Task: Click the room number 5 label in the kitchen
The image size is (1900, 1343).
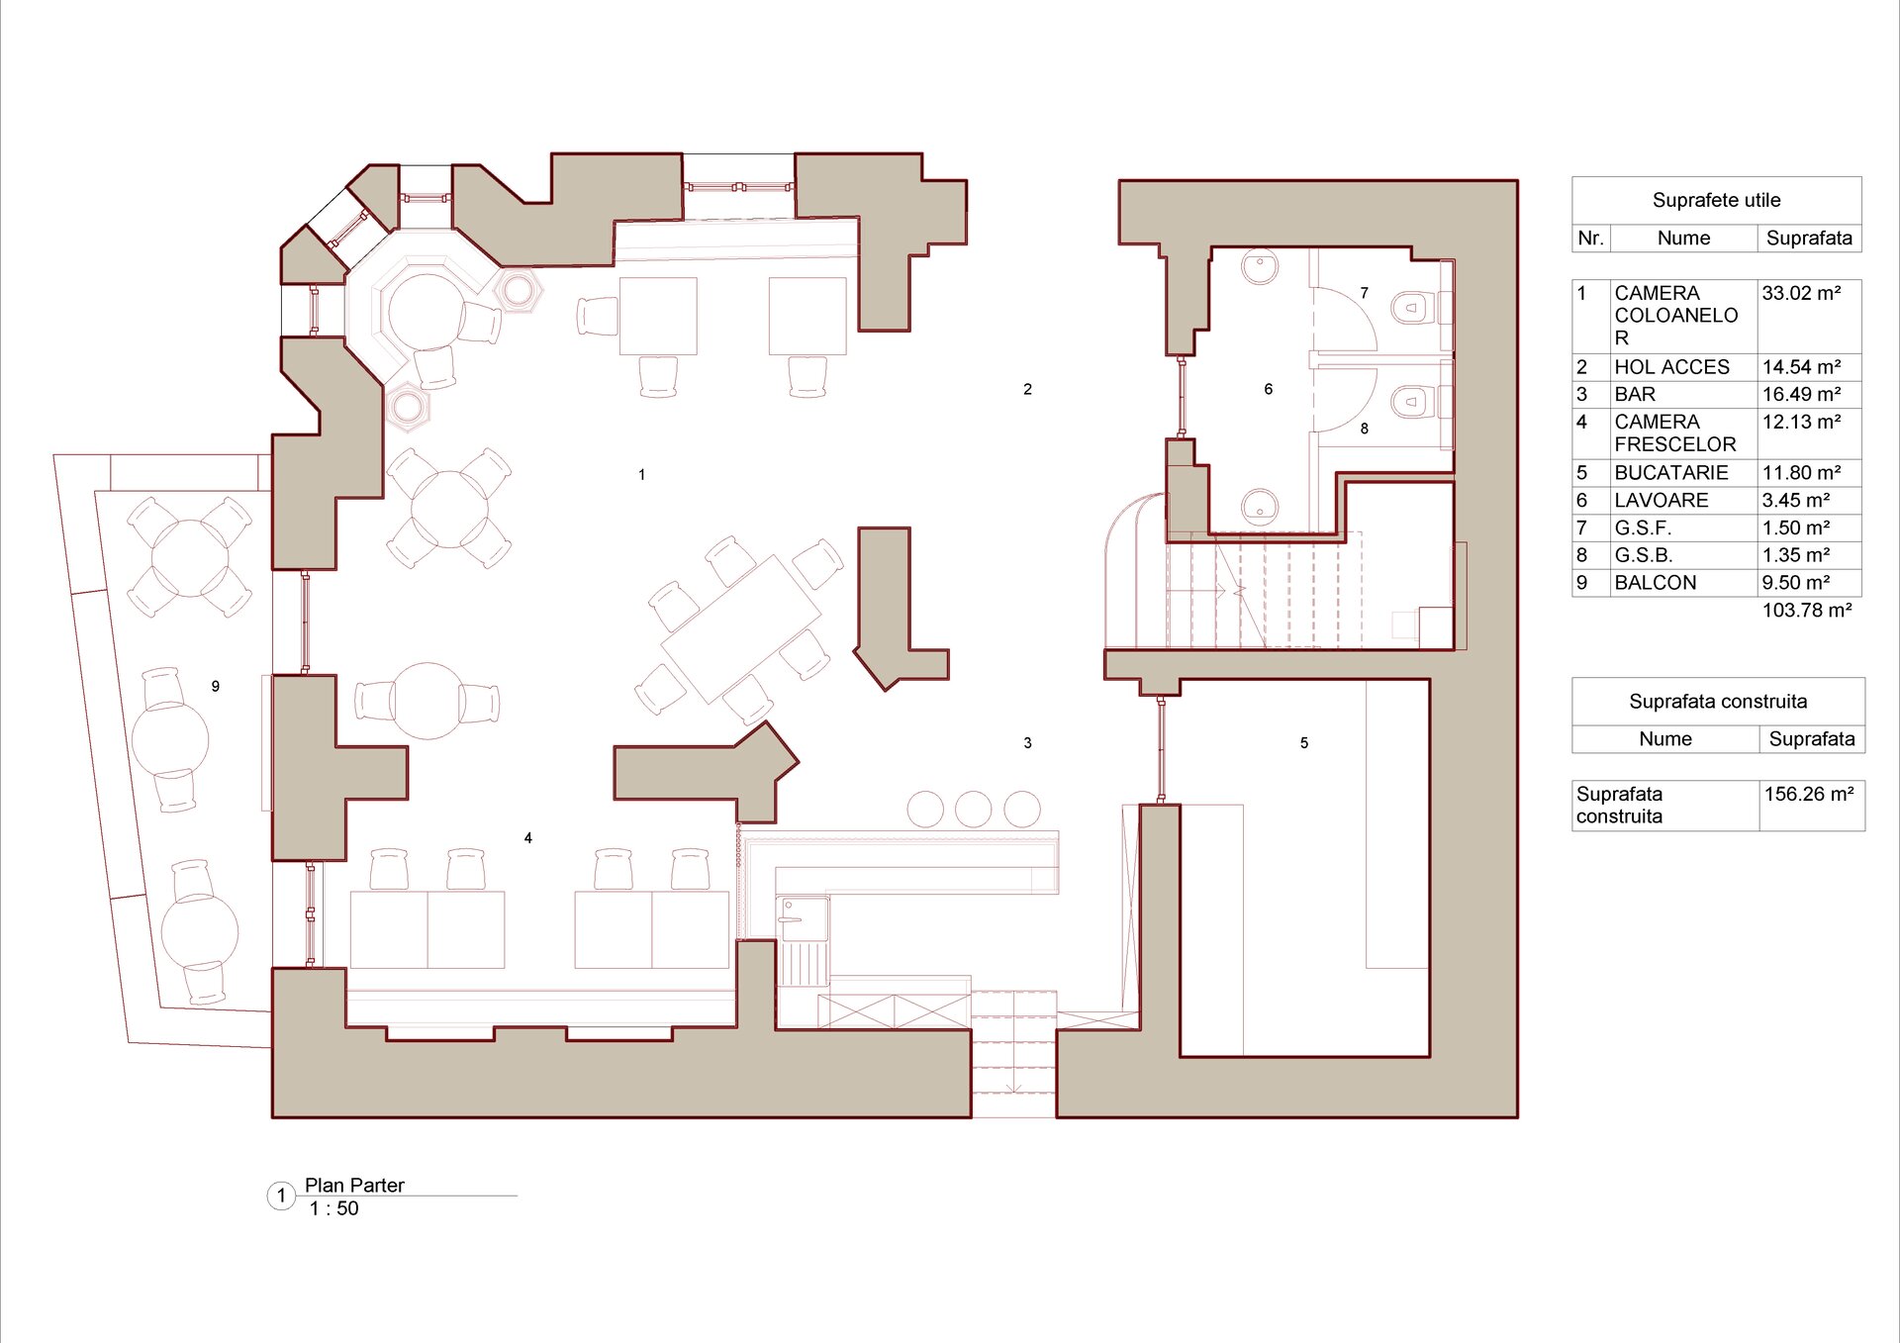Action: point(1304,743)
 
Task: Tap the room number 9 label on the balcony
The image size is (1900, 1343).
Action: point(216,686)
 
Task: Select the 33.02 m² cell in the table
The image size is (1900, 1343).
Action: point(1801,293)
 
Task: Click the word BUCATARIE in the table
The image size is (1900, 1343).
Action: point(1671,473)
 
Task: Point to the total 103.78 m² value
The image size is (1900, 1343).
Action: point(1807,611)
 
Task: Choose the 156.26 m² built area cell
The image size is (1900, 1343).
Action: point(1809,794)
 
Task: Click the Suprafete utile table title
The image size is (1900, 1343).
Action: point(1717,200)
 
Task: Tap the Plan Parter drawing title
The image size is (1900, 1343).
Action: point(354,1185)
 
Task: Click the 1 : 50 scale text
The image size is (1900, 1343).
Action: point(334,1208)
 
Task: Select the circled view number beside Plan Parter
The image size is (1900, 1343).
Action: point(281,1196)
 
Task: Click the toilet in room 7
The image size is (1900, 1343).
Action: point(1412,307)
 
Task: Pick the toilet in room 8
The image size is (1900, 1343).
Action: point(1412,401)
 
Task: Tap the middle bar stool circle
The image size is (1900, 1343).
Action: point(974,810)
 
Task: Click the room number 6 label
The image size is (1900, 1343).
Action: point(1269,390)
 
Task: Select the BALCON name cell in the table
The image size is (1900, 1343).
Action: point(1656,583)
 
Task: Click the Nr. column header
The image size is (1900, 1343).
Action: point(1590,239)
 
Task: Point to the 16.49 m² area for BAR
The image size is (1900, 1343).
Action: point(1801,394)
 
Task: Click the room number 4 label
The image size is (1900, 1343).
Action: point(528,838)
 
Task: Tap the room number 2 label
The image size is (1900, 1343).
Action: point(1028,390)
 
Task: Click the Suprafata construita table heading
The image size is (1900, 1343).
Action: point(1718,702)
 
